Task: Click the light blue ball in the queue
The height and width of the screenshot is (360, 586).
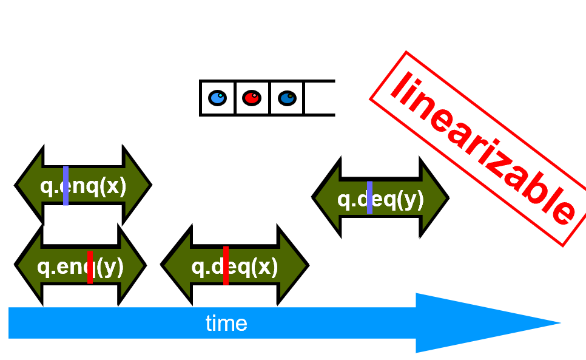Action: pyautogui.click(x=217, y=98)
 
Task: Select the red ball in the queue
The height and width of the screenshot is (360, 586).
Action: pyautogui.click(x=252, y=98)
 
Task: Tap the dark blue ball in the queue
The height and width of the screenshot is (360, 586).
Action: pyautogui.click(x=287, y=98)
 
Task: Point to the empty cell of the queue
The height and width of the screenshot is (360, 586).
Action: pyautogui.click(x=319, y=98)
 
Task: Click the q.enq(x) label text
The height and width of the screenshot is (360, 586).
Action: pyautogui.click(x=83, y=186)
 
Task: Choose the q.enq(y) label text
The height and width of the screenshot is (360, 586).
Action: pyautogui.click(x=80, y=267)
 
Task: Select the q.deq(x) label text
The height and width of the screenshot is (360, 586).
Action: pyautogui.click(x=235, y=267)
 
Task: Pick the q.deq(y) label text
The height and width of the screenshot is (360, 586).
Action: pyautogui.click(x=380, y=199)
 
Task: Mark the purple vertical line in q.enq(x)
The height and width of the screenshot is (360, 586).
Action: pyautogui.click(x=66, y=185)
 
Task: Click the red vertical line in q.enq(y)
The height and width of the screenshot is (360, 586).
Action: pyautogui.click(x=90, y=267)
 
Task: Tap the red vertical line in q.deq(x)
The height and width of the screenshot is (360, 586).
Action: pyautogui.click(x=226, y=265)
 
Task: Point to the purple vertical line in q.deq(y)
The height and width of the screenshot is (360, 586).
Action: pyautogui.click(x=369, y=197)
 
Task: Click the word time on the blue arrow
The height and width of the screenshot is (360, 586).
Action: pyautogui.click(x=226, y=323)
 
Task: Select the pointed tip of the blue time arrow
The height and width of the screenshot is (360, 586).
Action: pyautogui.click(x=555, y=323)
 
